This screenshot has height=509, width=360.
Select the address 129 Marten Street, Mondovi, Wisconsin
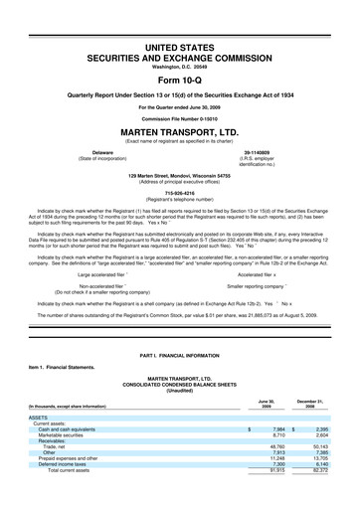[x=179, y=176]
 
